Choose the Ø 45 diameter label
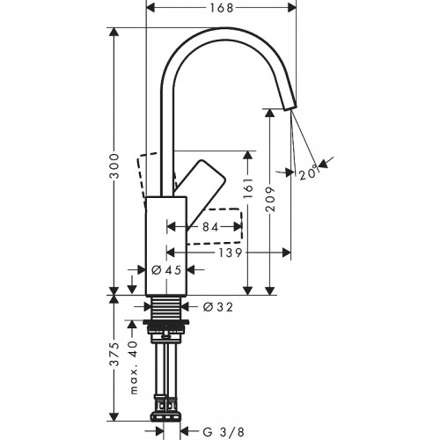click(165, 270)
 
